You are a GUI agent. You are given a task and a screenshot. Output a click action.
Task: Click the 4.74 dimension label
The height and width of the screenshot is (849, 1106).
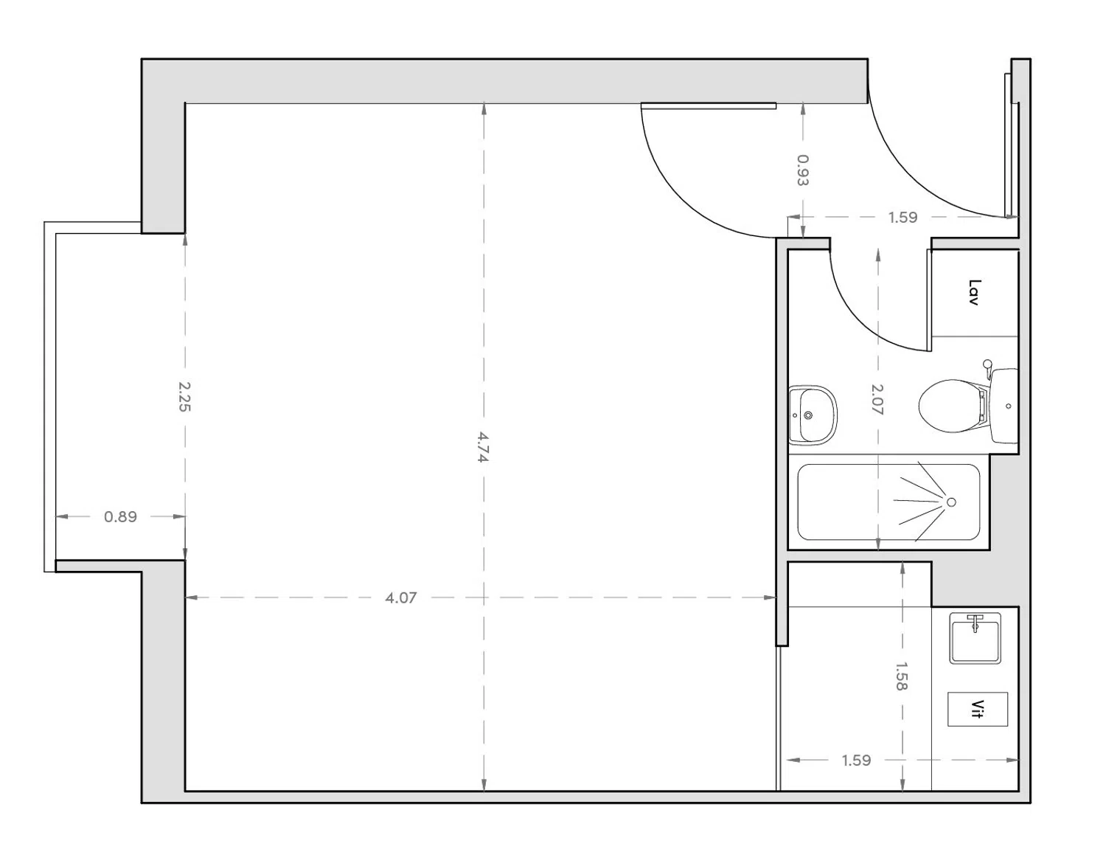pos(483,447)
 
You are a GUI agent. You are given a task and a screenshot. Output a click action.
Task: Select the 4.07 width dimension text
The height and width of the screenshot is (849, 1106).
pos(400,597)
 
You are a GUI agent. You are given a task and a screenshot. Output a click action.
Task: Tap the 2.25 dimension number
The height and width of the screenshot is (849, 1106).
pos(184,396)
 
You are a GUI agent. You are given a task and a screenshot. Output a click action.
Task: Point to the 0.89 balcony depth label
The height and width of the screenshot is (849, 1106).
pos(120,516)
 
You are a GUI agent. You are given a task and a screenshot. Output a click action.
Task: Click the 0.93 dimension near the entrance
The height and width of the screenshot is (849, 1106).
pos(803,170)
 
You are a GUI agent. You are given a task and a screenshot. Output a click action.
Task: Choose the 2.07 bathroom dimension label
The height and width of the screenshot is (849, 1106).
pos(877,399)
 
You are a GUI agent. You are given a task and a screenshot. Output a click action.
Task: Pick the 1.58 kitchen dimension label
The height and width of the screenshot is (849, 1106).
pos(901,676)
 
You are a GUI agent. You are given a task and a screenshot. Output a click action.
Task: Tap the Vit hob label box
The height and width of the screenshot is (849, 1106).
pos(978,710)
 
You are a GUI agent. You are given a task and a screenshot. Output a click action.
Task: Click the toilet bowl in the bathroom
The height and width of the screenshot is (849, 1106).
pos(947,405)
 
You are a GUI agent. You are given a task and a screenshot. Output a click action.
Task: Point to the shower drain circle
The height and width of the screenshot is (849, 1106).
pos(951,502)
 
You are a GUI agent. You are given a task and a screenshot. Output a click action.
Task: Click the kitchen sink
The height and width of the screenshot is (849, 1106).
pos(975,638)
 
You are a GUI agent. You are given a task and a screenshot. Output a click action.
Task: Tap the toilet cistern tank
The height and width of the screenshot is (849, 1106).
pos(1004,406)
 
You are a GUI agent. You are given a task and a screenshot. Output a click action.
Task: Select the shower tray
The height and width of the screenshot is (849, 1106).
pos(888,502)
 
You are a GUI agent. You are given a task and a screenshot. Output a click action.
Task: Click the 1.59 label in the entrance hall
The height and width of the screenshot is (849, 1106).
pos(902,217)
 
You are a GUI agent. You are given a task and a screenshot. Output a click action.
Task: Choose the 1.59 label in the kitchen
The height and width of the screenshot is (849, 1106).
pos(856,760)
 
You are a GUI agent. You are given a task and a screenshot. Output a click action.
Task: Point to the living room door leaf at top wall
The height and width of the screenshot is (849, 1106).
pos(708,106)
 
